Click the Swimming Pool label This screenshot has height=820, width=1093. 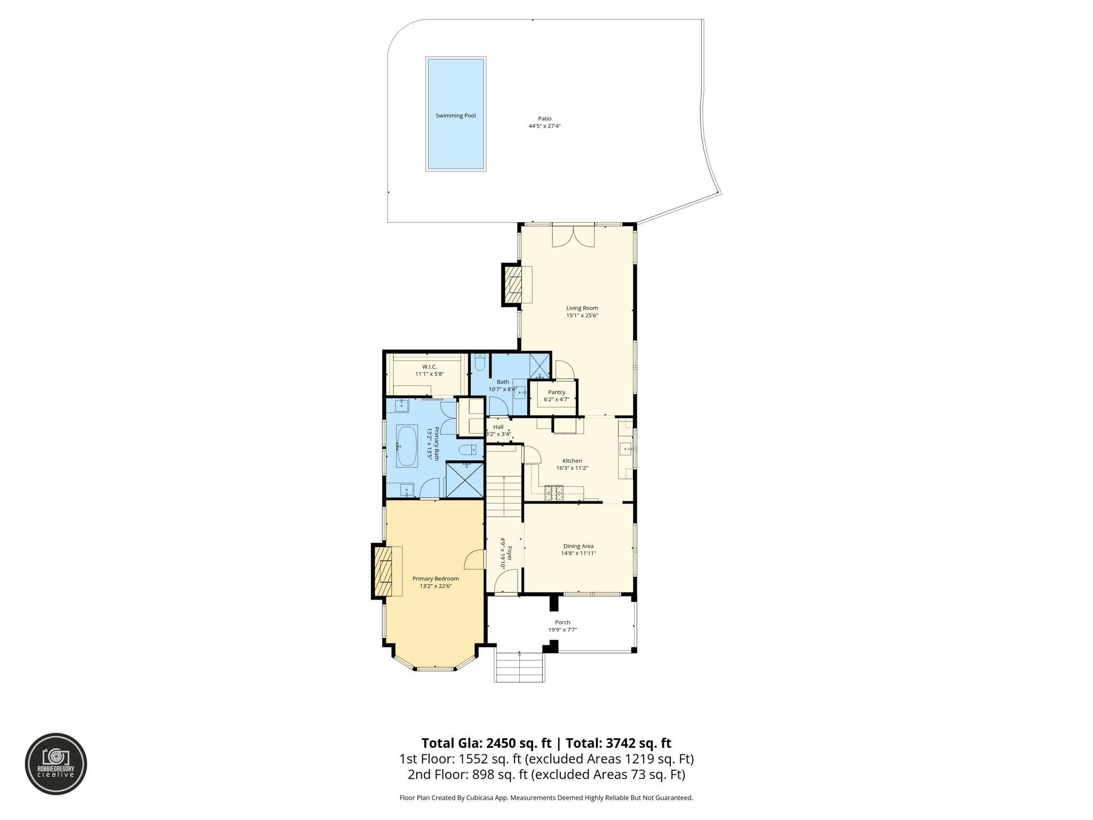point(455,116)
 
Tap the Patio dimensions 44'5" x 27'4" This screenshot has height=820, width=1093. point(544,127)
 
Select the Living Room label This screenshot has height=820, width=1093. point(582,308)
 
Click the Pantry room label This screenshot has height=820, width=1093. point(556,392)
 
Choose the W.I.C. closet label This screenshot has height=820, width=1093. point(429,367)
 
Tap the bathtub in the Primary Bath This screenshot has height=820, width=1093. point(407,446)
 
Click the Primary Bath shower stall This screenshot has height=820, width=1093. point(465,480)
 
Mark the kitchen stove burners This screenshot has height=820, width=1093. point(553,493)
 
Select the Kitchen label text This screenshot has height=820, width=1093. point(572,461)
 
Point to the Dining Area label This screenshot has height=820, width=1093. point(578,546)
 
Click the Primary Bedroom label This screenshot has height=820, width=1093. point(435,579)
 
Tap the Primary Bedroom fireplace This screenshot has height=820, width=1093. point(383,571)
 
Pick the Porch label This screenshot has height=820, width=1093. point(563,622)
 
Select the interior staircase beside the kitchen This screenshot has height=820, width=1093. point(503,496)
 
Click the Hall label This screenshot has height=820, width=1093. point(498,427)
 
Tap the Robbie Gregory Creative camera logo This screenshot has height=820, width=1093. point(56,763)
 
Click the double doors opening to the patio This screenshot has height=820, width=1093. point(573,236)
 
